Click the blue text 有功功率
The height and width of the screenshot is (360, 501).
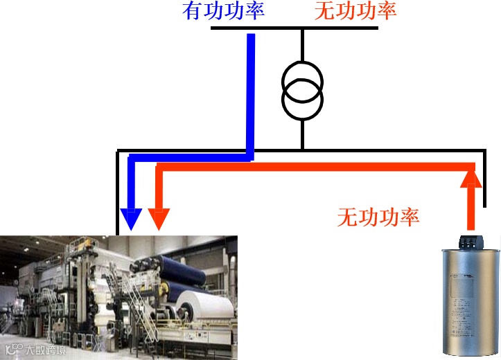point(224,11)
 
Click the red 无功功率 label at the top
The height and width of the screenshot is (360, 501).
point(355,11)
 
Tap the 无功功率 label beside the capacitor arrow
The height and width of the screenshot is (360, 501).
point(378,217)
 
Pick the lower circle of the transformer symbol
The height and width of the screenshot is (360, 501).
point(302,101)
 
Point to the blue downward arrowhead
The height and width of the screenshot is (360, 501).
point(130,219)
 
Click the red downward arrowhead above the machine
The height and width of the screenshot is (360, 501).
point(159,219)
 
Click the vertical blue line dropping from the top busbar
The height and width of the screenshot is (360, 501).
point(251,90)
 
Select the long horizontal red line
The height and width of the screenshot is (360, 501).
point(312,167)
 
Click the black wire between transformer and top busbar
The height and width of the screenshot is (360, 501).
point(302,45)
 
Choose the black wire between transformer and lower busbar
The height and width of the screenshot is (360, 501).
point(302,133)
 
